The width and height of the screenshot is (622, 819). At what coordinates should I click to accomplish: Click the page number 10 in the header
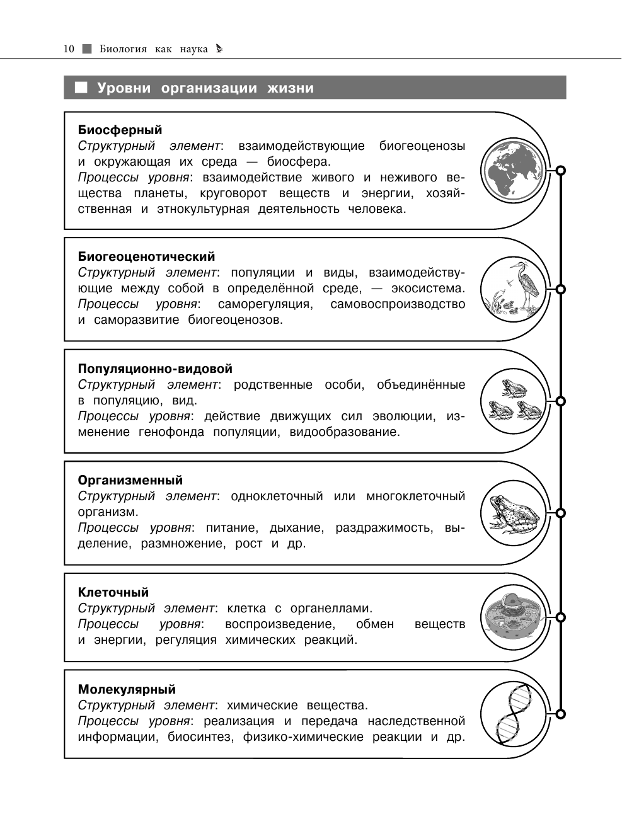[69, 49]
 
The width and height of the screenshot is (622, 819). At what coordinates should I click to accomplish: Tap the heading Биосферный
[120, 130]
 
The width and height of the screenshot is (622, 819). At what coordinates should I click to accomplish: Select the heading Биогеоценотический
[146, 256]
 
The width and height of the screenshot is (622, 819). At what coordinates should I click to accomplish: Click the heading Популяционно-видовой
[155, 369]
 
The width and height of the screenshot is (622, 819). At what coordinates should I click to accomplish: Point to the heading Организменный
[130, 480]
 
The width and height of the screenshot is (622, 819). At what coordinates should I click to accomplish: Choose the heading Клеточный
[113, 592]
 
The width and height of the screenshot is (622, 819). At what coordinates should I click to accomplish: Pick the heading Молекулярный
[127, 689]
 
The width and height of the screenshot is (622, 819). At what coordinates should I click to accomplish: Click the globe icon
[512, 170]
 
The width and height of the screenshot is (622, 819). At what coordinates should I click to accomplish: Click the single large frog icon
[513, 513]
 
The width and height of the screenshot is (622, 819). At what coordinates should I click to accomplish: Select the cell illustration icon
[512, 617]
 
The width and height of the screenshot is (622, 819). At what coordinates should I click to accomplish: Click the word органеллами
[331, 609]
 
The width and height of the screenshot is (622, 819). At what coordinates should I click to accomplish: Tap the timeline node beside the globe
[560, 170]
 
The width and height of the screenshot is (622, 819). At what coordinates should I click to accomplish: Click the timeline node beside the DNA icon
[560, 714]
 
